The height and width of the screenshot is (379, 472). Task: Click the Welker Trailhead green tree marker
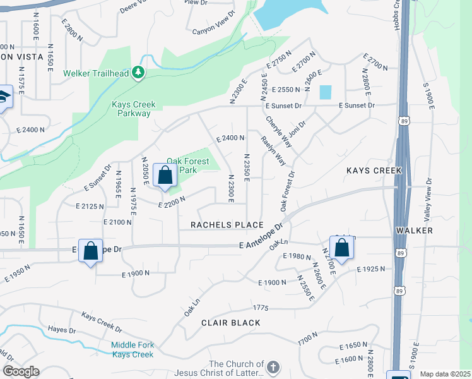138,73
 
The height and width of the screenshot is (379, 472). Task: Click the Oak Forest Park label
187,165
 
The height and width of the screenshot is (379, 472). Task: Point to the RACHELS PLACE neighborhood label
227,226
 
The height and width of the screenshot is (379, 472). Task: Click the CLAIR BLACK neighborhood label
230,323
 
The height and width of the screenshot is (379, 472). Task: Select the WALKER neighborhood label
415,231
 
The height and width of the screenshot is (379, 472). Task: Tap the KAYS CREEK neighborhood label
374,171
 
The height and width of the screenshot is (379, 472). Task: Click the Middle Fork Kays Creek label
133,349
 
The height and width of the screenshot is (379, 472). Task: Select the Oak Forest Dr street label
288,191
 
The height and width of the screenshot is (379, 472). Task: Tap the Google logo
21,371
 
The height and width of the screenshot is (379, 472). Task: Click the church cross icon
273,368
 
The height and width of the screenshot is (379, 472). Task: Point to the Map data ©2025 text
444,374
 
